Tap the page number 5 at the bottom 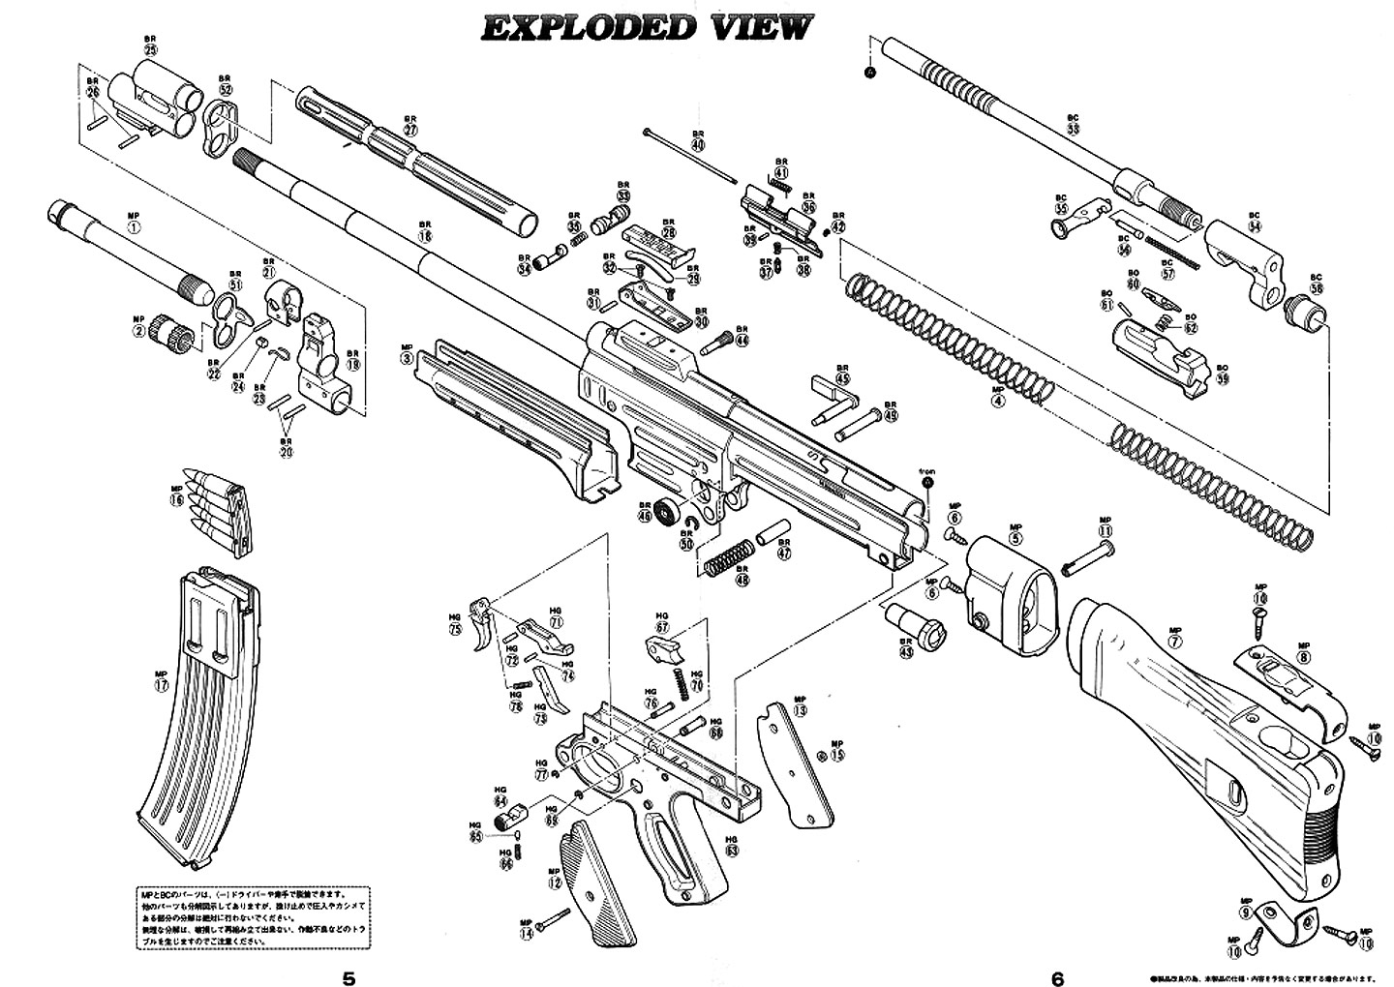pos(348,977)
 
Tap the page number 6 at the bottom pos(1057,977)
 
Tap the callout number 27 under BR pos(410,130)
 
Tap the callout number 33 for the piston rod pos(1073,129)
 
